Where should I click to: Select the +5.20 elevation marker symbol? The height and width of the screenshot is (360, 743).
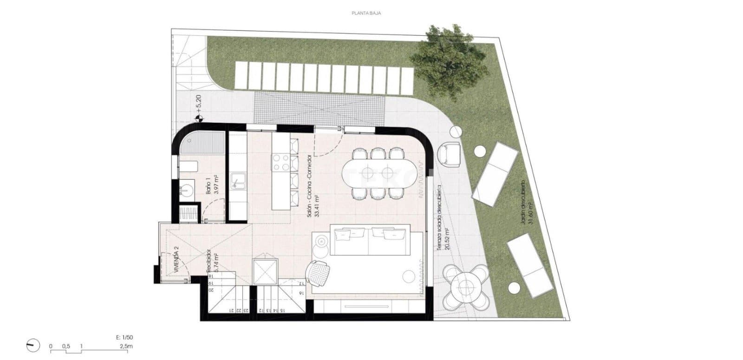199,118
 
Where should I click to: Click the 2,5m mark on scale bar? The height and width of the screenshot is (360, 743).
126,347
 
